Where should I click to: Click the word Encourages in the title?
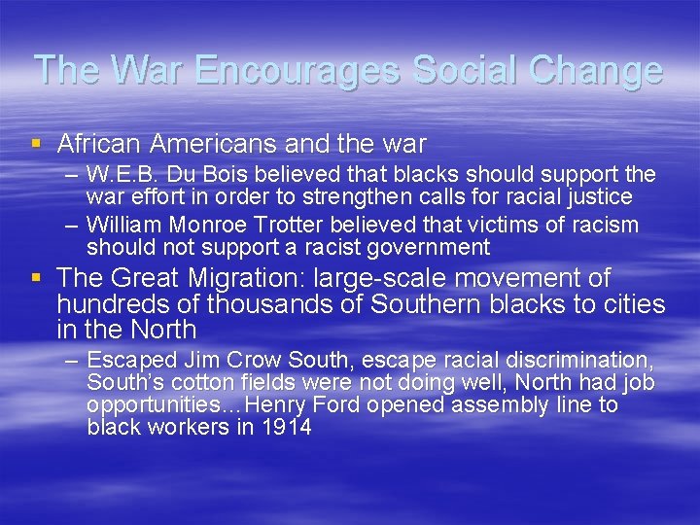[x=298, y=70]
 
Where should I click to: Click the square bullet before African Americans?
[x=37, y=144]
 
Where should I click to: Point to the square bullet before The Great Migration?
[x=37, y=278]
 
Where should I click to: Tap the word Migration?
[x=233, y=279]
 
